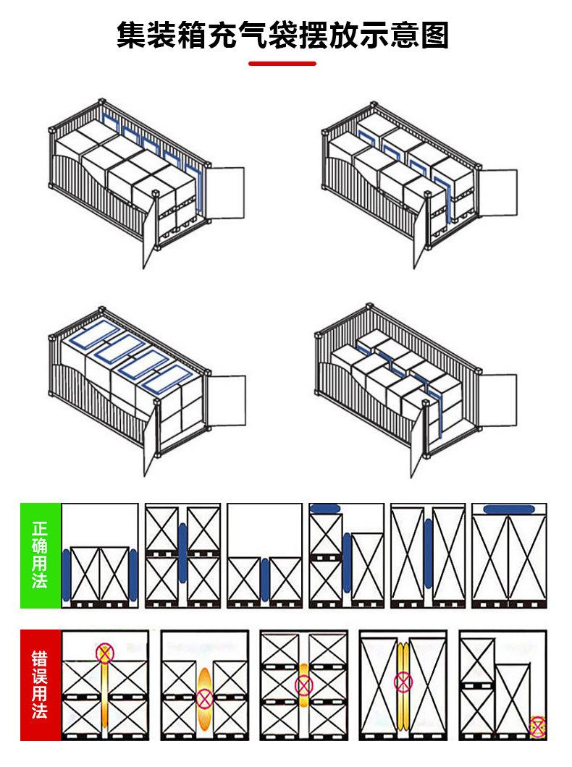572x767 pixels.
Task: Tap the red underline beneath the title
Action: [x=282, y=64]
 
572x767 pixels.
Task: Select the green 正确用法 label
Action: [x=40, y=554]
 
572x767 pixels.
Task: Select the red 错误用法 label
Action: [x=40, y=685]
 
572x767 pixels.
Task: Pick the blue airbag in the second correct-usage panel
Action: [x=182, y=554]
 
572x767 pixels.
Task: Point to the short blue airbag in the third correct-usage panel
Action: [x=265, y=579]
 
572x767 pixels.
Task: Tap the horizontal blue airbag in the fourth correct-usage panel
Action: [x=326, y=509]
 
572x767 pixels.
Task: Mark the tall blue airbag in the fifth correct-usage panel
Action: [x=429, y=554]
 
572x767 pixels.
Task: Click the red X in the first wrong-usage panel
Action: [x=106, y=653]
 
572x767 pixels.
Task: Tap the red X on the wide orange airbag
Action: [x=205, y=698]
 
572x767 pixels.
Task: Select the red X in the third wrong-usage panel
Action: [x=303, y=684]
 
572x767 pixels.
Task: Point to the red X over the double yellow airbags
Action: [x=403, y=681]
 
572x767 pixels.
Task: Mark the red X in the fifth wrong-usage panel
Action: [x=537, y=726]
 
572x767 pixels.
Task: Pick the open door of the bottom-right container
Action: [x=497, y=400]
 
